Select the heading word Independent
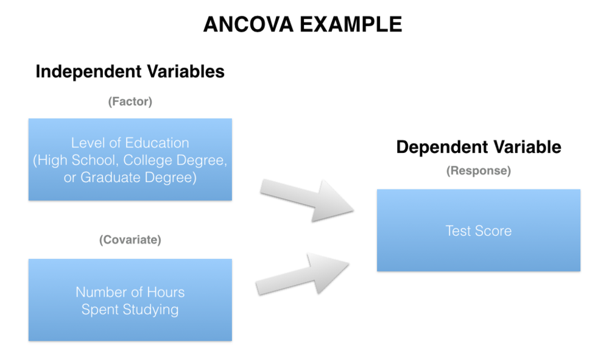(x=89, y=71)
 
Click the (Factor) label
(x=130, y=102)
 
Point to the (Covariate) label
(x=130, y=240)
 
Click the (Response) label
(x=478, y=171)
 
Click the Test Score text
(x=478, y=231)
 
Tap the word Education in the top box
(x=158, y=143)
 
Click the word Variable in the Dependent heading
(x=523, y=147)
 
